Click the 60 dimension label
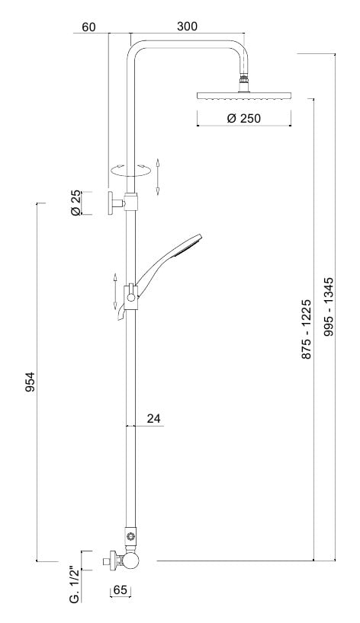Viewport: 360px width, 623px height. (x=89, y=27)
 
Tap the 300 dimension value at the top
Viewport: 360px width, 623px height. (x=187, y=27)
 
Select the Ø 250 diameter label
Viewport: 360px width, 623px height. (x=244, y=118)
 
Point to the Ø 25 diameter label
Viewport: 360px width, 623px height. (x=76, y=203)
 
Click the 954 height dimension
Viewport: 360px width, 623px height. (x=31, y=382)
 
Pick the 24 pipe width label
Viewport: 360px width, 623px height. (x=153, y=418)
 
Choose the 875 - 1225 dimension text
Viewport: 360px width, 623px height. (x=307, y=329)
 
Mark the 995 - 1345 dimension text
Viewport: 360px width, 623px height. (x=329, y=307)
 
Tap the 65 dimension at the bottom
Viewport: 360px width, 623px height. (x=120, y=590)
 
